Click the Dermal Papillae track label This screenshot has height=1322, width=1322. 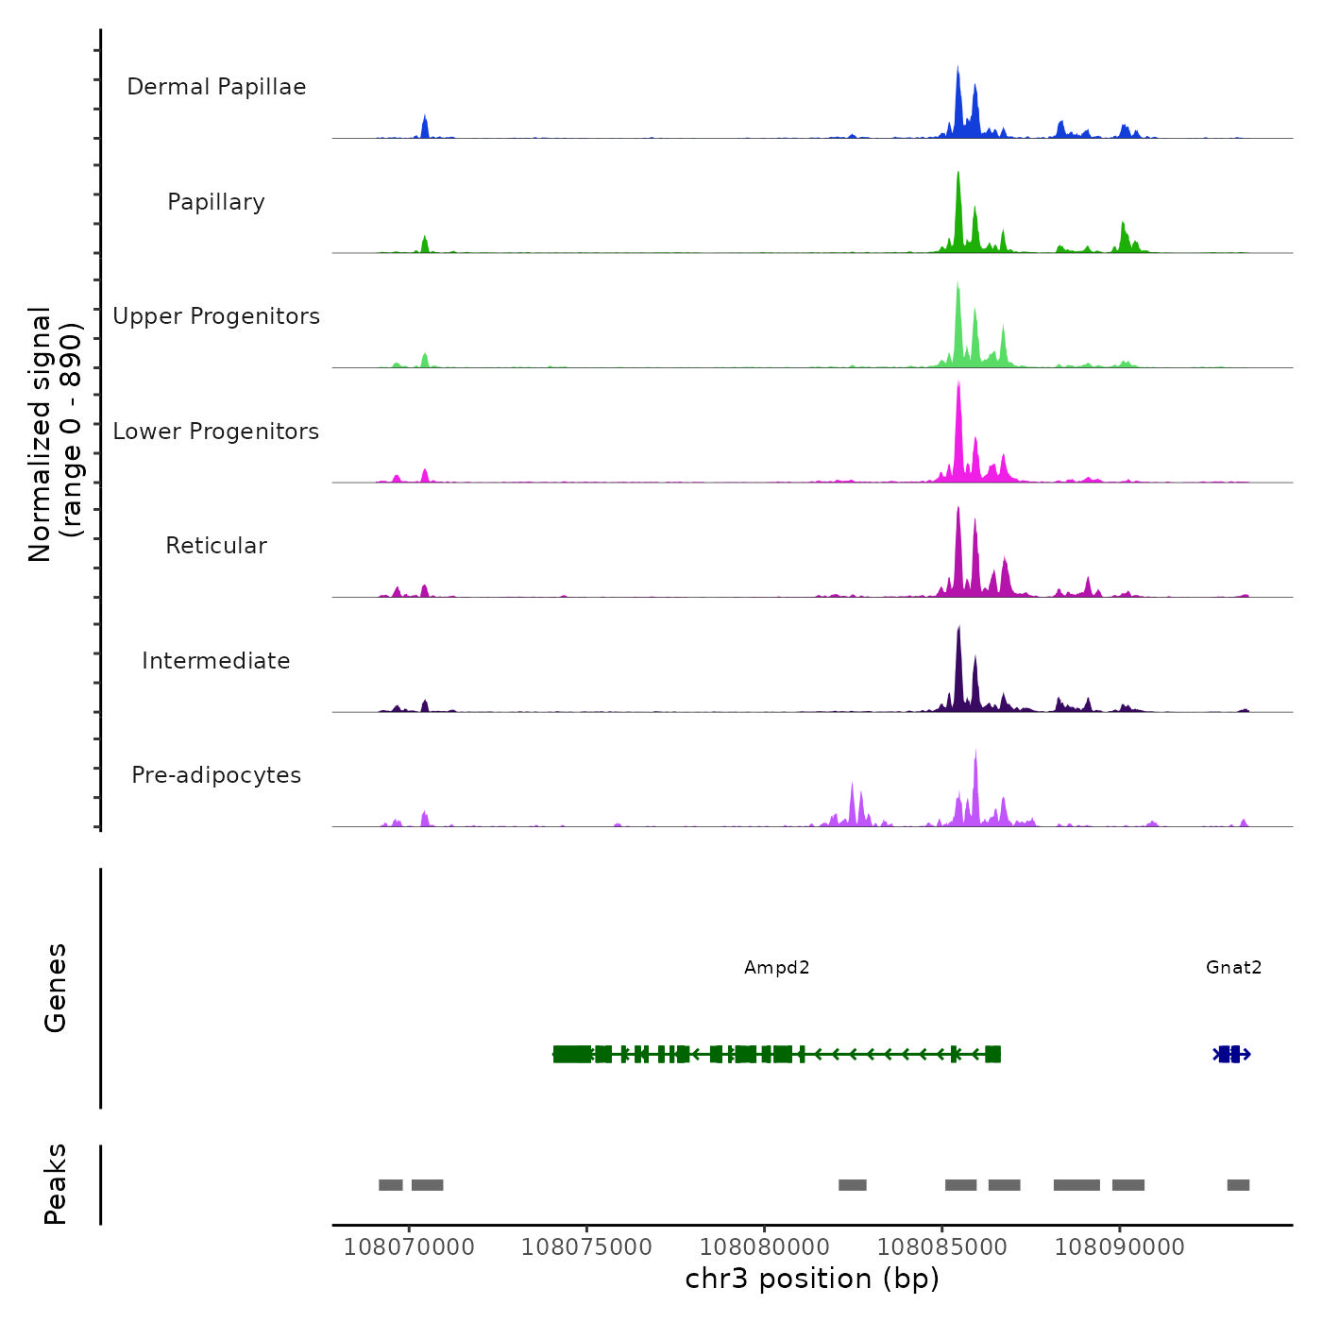216,87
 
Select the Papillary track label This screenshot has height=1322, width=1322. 216,202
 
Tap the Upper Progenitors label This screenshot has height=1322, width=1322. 216,316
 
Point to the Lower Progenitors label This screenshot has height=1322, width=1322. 216,432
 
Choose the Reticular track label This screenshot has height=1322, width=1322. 216,546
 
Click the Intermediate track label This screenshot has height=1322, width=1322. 216,661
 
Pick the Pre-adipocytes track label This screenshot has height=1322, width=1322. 216,775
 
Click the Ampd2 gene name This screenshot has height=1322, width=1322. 776,968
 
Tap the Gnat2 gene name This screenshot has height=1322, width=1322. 1233,968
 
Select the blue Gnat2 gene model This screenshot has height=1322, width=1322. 1231,1054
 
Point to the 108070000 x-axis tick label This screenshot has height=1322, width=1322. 409,1247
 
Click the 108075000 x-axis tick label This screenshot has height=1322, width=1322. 586,1247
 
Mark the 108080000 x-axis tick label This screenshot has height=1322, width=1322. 765,1247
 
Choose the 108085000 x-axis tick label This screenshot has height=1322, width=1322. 942,1247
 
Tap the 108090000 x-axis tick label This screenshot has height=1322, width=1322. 1120,1247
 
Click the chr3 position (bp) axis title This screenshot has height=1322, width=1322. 812,1280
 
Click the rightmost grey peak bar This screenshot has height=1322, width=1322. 1238,1185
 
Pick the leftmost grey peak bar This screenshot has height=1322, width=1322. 390,1185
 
